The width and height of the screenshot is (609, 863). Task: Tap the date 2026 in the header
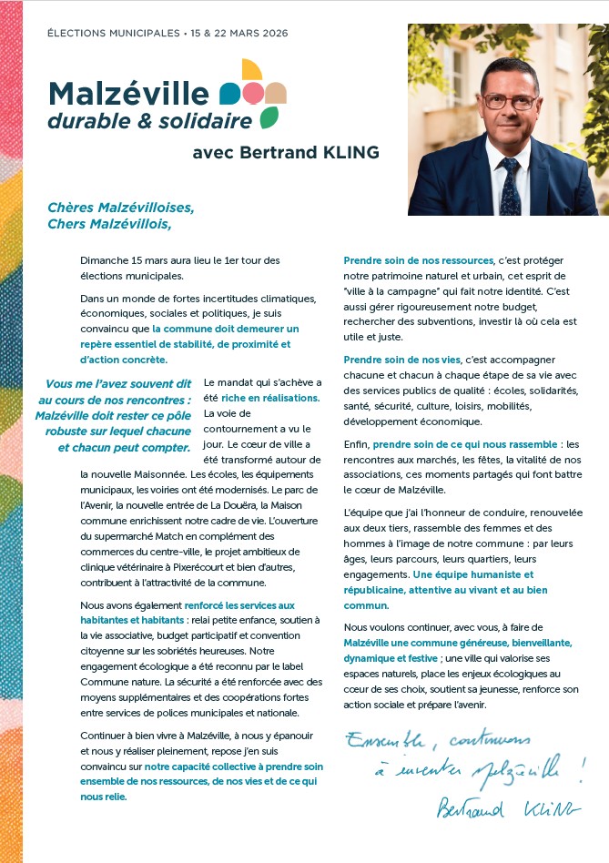tap(273, 34)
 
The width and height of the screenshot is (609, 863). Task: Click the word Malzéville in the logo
tap(128, 93)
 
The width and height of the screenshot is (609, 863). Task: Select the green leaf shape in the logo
tap(269, 117)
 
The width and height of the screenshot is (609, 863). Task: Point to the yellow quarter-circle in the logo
tap(252, 70)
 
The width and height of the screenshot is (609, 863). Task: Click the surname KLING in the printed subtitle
tap(347, 152)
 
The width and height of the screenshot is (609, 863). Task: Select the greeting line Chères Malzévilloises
tap(121, 207)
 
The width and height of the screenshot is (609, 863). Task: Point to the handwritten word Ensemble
tap(383, 738)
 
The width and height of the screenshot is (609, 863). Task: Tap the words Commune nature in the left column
tap(117, 667)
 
